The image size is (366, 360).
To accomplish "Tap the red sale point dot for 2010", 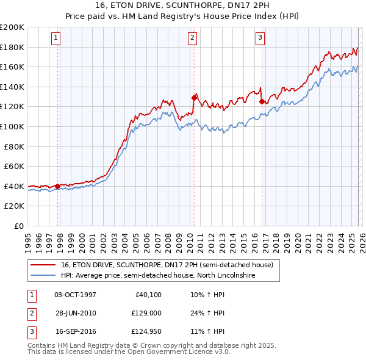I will (x=195, y=97).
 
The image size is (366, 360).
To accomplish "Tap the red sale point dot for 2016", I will (x=262, y=101).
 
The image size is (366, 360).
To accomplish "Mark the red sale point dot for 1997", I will (x=58, y=186).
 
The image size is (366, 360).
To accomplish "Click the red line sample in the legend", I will (x=43, y=265).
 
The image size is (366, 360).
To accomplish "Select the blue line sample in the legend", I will (x=43, y=276).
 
